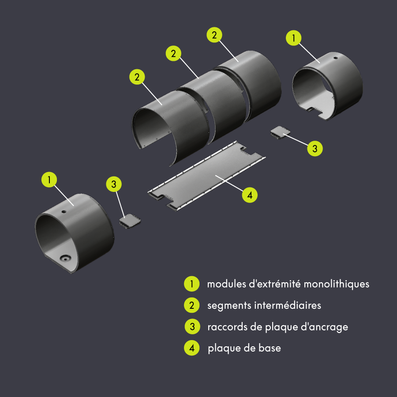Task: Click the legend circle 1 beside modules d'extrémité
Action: click(191, 284)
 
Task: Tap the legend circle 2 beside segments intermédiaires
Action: click(191, 305)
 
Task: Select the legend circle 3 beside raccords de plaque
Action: click(191, 327)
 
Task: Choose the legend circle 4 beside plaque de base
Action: click(191, 348)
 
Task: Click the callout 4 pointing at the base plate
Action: click(250, 195)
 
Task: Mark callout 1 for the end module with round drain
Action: click(49, 180)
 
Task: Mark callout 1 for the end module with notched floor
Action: click(294, 38)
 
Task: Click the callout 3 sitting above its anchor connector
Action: click(114, 184)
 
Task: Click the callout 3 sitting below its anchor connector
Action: click(315, 149)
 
